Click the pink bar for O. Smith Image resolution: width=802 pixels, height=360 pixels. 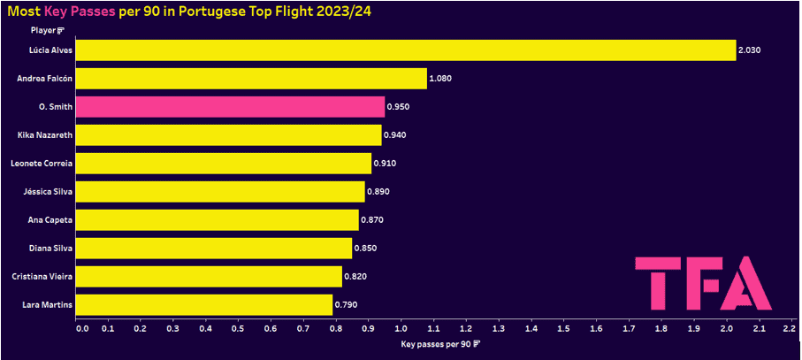point(230,107)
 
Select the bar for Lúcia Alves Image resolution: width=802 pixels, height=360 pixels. point(405,50)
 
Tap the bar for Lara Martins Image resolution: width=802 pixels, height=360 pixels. point(204,305)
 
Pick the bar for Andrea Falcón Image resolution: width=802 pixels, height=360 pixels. point(251,79)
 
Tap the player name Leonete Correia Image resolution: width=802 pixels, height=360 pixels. point(41,164)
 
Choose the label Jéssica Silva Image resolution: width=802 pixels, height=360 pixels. point(46,192)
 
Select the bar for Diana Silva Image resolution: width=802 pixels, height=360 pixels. point(214,249)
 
